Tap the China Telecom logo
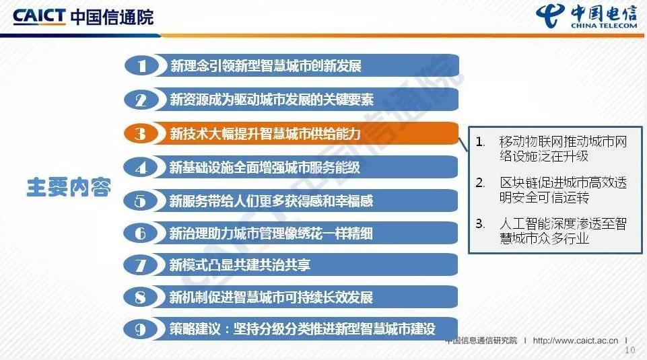click(586, 17)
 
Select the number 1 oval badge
click(141, 66)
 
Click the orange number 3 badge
click(141, 134)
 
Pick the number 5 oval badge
click(140, 201)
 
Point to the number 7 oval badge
click(140, 265)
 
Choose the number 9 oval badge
click(140, 329)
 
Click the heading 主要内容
click(69, 188)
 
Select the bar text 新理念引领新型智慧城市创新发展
click(266, 66)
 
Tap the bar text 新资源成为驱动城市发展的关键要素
click(272, 100)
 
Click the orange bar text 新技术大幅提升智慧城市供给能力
click(265, 134)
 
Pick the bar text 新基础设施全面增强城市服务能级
click(265, 168)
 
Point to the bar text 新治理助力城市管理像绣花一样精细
click(271, 233)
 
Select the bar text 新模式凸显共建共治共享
click(240, 265)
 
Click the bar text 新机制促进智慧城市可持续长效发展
click(271, 297)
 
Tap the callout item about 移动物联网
click(551, 149)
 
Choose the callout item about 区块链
click(551, 190)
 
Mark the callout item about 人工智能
click(551, 231)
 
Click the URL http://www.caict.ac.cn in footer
click(576, 340)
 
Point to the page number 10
click(629, 350)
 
